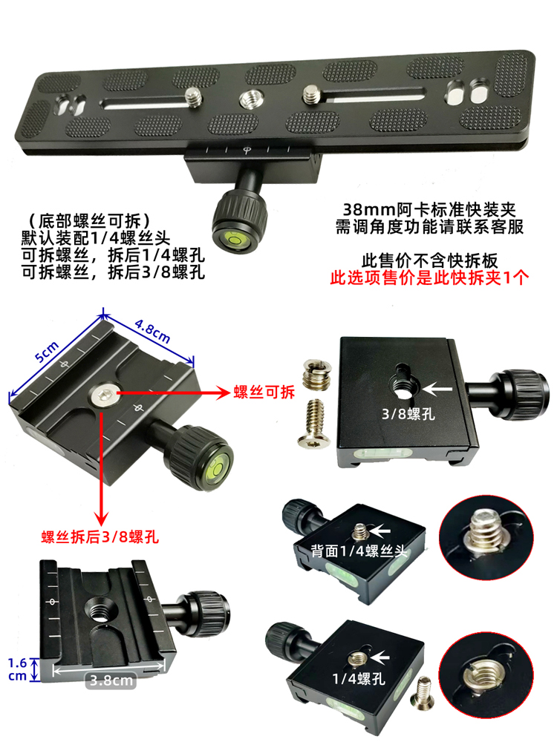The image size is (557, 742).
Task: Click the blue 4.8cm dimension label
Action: (152, 331)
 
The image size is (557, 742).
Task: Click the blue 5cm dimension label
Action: (47, 351)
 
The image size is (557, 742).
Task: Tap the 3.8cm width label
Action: (111, 680)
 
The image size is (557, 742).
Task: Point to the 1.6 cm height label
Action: (18, 669)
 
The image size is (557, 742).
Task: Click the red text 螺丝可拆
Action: (264, 392)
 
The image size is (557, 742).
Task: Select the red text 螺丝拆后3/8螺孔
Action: (100, 537)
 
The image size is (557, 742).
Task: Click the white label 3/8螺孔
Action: (408, 414)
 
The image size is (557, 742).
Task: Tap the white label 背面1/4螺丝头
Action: (359, 551)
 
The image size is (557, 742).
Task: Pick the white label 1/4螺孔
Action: (359, 679)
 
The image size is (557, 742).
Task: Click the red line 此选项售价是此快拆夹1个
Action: (429, 278)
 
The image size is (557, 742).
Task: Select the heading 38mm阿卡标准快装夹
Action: (429, 209)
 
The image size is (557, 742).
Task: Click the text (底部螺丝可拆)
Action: (90, 221)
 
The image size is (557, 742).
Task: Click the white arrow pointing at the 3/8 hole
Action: (437, 390)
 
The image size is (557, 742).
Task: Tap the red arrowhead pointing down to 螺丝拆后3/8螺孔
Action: (101, 516)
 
